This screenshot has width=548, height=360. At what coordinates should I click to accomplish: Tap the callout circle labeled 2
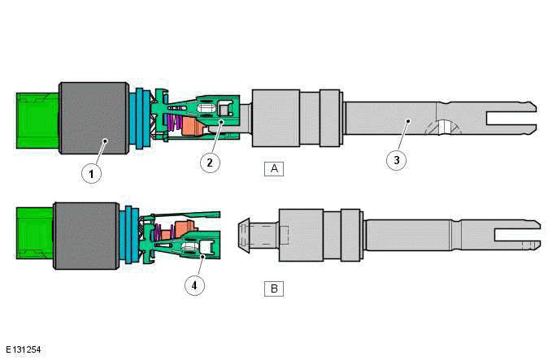pyautogui.click(x=210, y=163)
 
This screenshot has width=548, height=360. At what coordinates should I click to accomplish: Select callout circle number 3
pyautogui.click(x=396, y=160)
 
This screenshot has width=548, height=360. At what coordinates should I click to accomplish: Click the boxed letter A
pyautogui.click(x=274, y=168)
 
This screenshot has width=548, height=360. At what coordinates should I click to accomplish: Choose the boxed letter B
pyautogui.click(x=274, y=288)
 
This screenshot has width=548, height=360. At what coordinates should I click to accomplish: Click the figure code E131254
pyautogui.click(x=22, y=350)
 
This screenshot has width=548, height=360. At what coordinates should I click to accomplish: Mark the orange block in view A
pyautogui.click(x=195, y=127)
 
